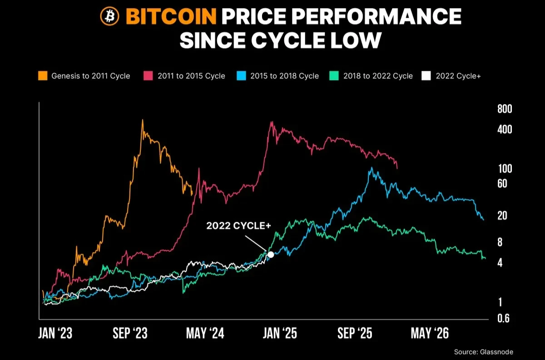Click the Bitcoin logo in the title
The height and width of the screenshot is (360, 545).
109,17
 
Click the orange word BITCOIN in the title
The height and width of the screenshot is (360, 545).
171,17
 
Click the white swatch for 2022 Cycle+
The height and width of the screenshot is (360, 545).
426,76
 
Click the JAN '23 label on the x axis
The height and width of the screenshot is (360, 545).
55,334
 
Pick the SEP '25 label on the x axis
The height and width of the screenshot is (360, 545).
355,334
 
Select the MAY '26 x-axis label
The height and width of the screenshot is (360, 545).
430,334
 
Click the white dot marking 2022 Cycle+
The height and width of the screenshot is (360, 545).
271,255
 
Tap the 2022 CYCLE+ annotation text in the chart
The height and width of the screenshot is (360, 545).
235,226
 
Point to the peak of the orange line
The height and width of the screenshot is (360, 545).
143,120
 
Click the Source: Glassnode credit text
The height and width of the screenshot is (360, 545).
484,351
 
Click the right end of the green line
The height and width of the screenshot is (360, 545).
485,258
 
